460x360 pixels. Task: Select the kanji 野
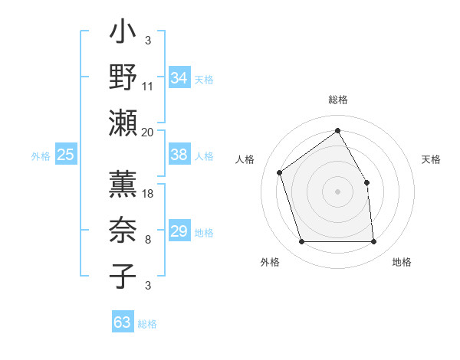coord(123,77)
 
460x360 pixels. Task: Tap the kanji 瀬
coord(123,122)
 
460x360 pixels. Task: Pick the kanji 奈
coord(123,231)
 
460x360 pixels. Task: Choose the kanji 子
coord(123,275)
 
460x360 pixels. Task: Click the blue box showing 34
coord(179,78)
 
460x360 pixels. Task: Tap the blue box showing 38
coord(179,155)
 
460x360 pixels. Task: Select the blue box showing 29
coord(179,231)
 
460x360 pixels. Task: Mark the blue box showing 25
coord(66,155)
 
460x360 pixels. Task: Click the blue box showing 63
coord(123,322)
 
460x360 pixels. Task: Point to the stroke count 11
coord(148,87)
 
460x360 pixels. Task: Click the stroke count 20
coord(148,132)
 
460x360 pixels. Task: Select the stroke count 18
coord(148,194)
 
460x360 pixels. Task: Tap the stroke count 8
coord(148,240)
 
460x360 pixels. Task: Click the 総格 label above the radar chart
coord(338,100)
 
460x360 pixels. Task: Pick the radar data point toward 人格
coord(280,172)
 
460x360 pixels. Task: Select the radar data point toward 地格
coord(373,242)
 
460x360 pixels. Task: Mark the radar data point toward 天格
coord(366,182)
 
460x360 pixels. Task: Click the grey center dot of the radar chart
coord(338,191)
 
